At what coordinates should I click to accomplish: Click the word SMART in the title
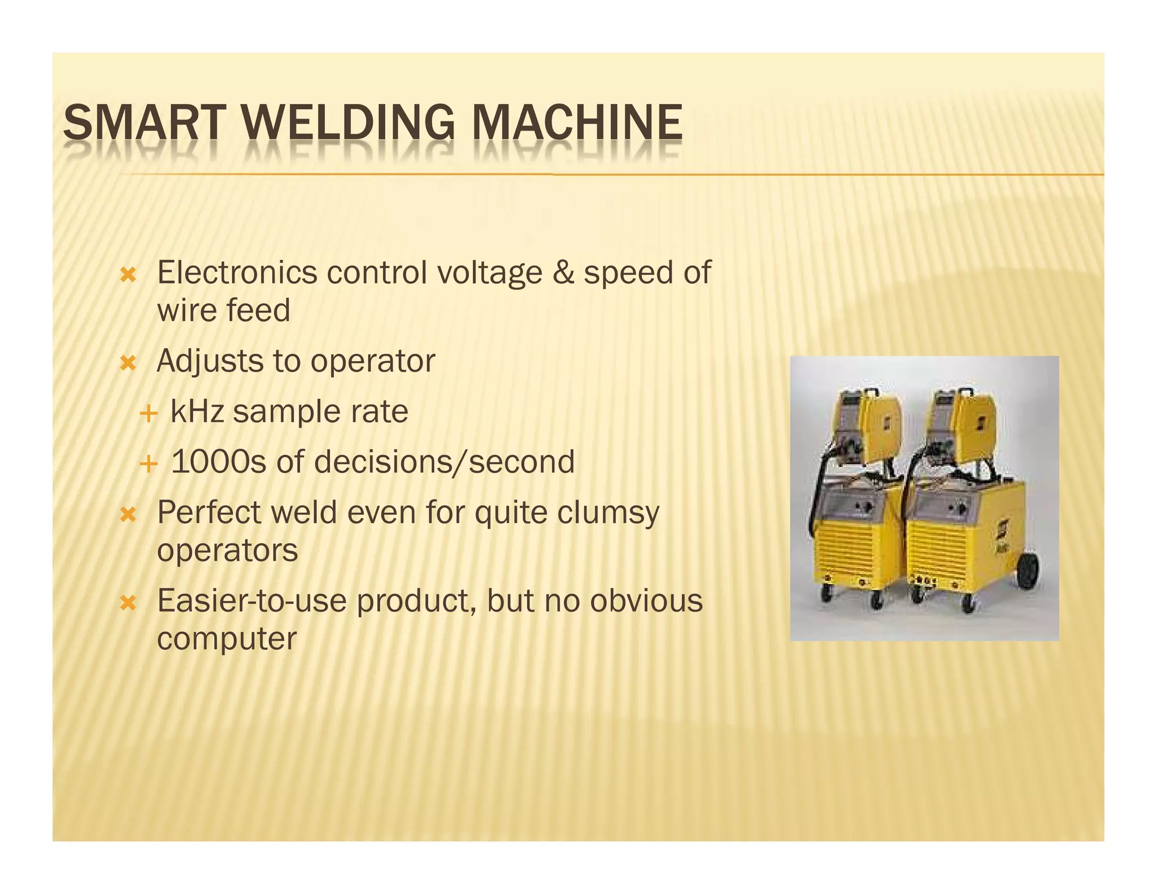pyautogui.click(x=144, y=123)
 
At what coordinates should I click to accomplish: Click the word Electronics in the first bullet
pyautogui.click(x=237, y=272)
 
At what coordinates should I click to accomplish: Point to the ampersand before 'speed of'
pyautogui.click(x=563, y=272)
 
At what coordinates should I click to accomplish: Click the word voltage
pyautogui.click(x=490, y=274)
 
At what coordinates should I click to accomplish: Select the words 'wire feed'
pyautogui.click(x=224, y=310)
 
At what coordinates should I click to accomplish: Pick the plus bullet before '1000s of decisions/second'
pyautogui.click(x=148, y=464)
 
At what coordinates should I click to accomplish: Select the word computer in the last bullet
pyautogui.click(x=227, y=639)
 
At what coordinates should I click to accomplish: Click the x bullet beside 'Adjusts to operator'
pyautogui.click(x=129, y=363)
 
